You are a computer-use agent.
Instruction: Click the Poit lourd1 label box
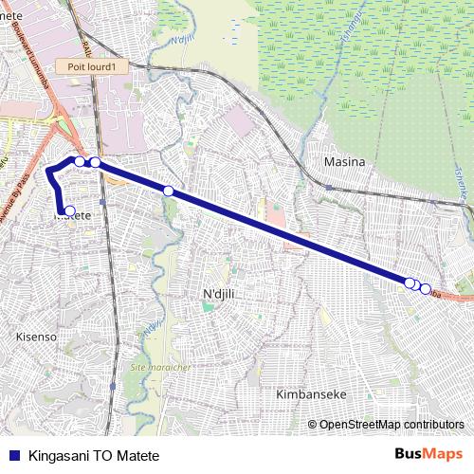tap(91, 66)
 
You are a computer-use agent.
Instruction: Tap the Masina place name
tap(344, 162)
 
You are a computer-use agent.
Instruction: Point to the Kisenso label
tap(38, 337)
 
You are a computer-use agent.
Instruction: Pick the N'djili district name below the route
tap(219, 295)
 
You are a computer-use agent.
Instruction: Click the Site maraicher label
tap(160, 366)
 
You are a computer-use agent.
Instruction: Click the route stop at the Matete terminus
tap(69, 210)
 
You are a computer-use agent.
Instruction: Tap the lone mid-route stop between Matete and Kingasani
tap(169, 191)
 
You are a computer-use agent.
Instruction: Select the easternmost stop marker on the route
tap(426, 288)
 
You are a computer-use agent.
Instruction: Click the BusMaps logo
tap(428, 453)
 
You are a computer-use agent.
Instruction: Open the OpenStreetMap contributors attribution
tap(392, 425)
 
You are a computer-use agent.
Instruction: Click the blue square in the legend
tap(13, 454)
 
